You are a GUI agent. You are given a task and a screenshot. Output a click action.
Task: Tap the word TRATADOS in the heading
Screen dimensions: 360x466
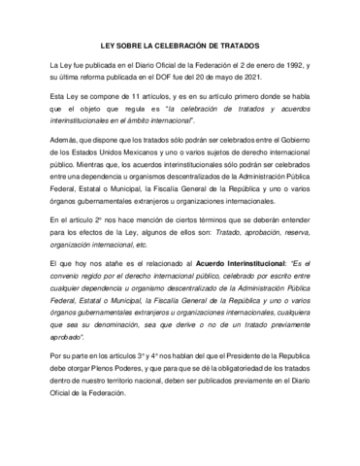pos(241,43)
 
